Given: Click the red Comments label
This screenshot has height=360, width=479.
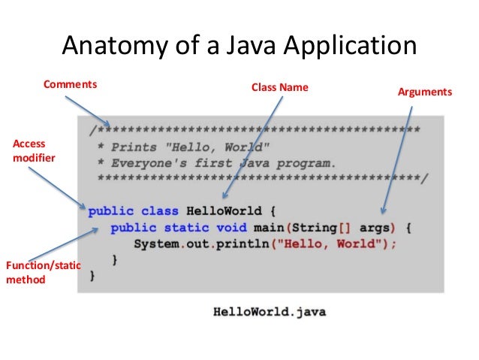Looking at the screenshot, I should [x=71, y=84].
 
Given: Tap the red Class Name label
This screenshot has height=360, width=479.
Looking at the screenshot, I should [x=279, y=88].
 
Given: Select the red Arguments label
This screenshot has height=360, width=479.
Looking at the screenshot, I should [x=425, y=92].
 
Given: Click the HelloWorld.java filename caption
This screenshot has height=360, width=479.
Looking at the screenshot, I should [x=270, y=310].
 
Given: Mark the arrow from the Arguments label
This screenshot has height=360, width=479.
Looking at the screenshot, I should [x=398, y=158].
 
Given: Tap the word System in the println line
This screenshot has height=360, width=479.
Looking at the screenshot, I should [x=157, y=244].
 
